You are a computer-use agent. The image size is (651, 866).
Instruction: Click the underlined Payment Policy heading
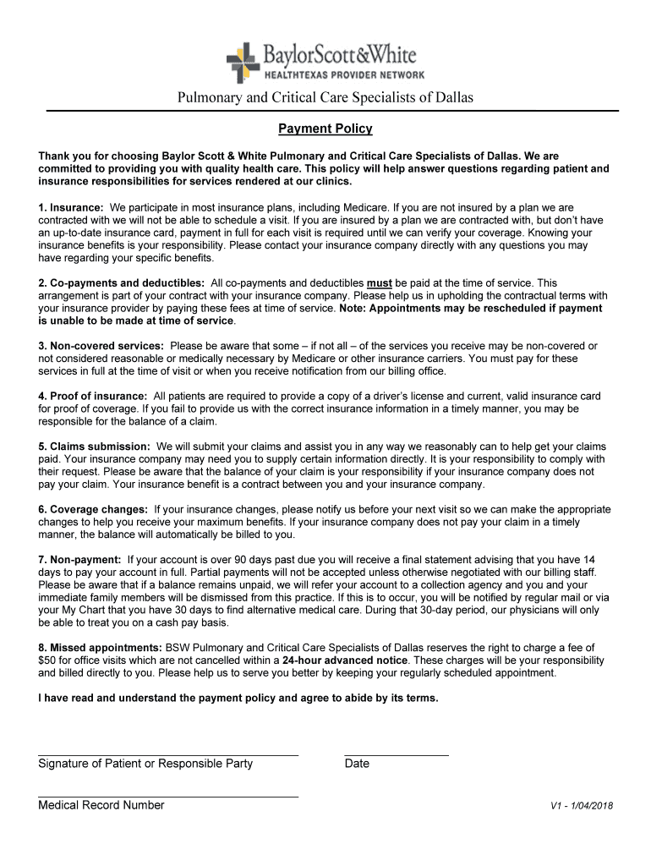(325, 129)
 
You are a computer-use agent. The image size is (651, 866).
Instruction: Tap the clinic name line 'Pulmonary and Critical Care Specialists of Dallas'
(325, 98)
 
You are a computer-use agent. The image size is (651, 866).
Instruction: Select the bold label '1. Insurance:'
(71, 207)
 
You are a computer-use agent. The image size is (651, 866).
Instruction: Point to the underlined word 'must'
(379, 283)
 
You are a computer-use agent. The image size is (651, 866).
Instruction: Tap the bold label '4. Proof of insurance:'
(93, 396)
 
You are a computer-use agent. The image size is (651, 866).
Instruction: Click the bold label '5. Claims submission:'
(95, 447)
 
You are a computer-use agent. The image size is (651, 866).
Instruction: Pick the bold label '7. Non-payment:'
(80, 560)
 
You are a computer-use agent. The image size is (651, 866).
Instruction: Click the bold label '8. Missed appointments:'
(101, 648)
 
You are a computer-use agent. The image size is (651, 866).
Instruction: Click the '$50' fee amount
(46, 660)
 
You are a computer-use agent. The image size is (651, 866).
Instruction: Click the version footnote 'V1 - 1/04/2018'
(582, 806)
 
